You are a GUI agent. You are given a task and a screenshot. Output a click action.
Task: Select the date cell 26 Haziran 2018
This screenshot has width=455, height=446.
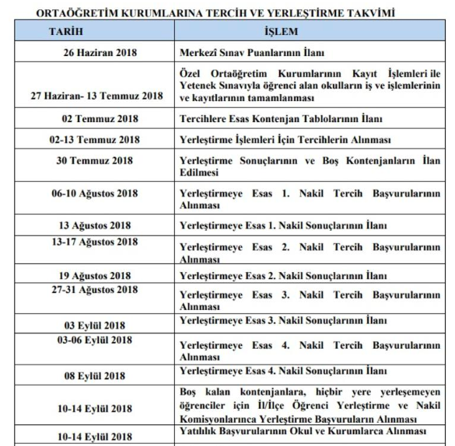[99, 54]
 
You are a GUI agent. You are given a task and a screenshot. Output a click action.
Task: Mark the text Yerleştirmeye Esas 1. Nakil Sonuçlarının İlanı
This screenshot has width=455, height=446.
[283, 225]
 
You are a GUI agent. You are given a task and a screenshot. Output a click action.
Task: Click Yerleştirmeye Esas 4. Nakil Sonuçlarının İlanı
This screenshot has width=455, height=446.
[283, 371]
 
